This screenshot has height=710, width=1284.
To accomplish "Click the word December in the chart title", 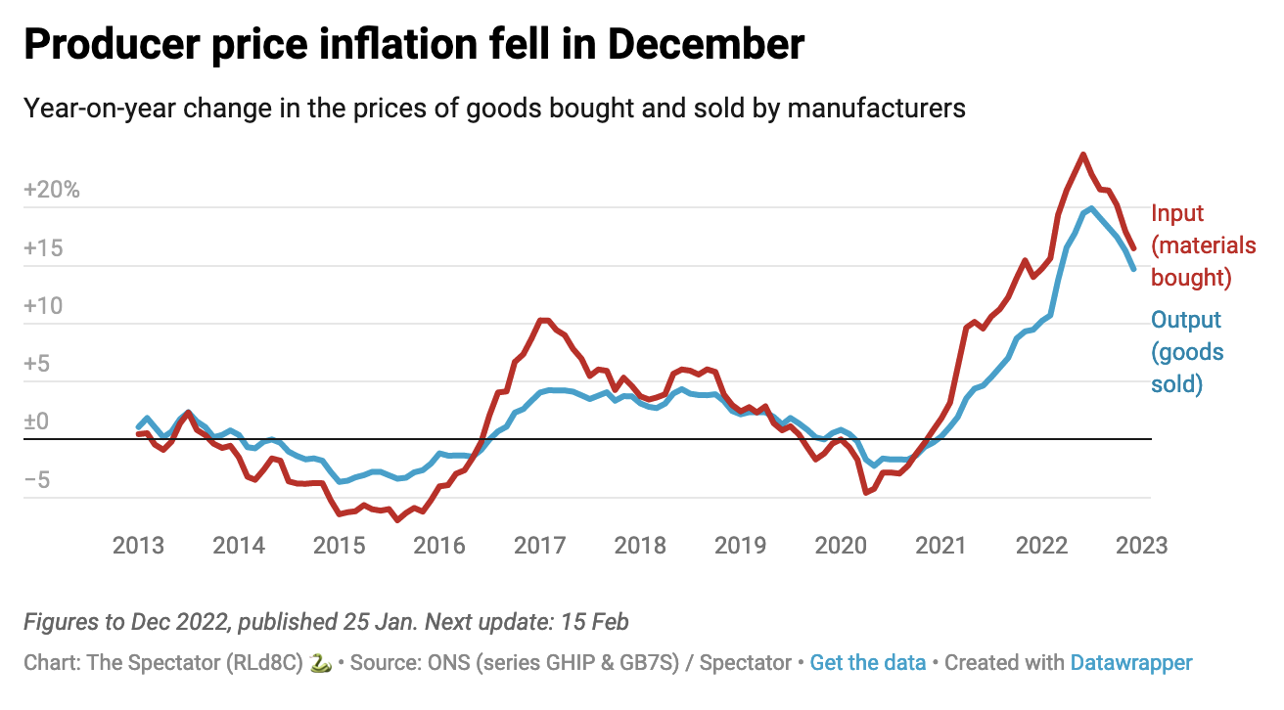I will point(701,45).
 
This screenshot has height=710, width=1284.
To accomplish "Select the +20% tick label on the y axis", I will point(51,190).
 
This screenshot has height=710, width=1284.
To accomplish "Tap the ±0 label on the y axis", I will point(36,422).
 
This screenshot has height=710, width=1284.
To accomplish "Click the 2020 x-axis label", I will point(843,546).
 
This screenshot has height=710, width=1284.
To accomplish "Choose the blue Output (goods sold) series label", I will point(1186,352).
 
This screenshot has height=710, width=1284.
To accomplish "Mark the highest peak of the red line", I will point(1082,155).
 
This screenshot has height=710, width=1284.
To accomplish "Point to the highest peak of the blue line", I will point(1090,208).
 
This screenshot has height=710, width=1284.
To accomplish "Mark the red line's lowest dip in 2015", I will point(397,519).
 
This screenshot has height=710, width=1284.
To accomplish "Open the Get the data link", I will point(868,663).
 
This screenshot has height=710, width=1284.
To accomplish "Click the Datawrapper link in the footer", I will point(1131,663).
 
